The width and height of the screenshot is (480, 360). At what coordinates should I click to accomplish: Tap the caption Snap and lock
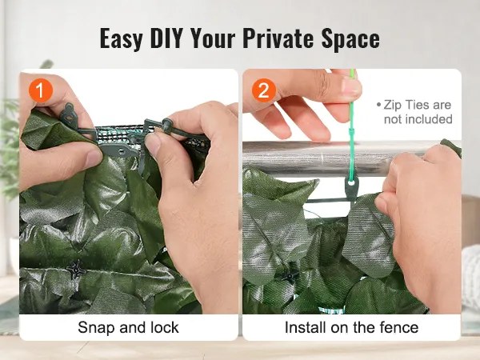(128, 328)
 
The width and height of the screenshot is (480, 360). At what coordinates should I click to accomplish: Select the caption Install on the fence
(351, 328)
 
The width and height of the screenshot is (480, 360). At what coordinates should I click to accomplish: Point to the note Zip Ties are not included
(417, 112)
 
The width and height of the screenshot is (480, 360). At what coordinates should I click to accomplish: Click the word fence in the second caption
(401, 328)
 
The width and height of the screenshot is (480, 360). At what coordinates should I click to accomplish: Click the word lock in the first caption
(164, 328)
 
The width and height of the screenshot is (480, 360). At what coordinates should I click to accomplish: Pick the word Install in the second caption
(306, 328)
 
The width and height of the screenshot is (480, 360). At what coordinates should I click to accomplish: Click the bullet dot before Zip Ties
(378, 105)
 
